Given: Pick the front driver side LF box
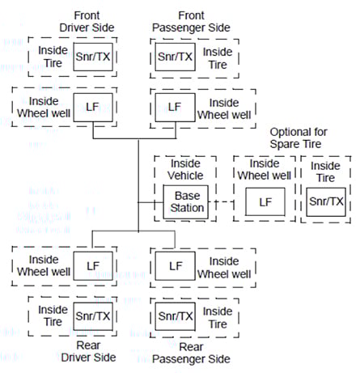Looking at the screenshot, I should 91,105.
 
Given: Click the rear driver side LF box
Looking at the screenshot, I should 91,265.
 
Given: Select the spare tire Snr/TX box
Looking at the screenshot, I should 326,201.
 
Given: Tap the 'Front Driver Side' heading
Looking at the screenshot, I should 87,21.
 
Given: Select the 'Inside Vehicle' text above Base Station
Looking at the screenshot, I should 184,168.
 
